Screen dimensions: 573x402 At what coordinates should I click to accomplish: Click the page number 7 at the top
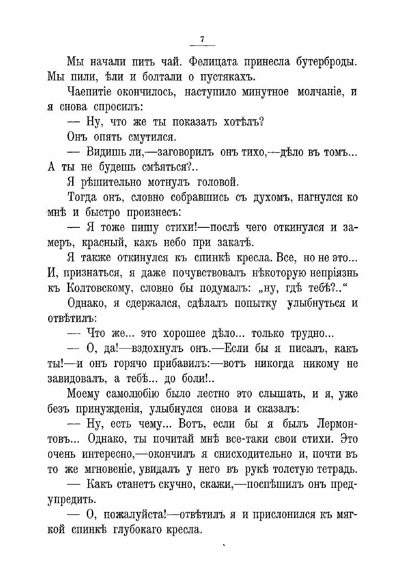point(202,39)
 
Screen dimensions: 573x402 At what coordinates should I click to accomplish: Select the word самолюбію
point(128,394)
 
